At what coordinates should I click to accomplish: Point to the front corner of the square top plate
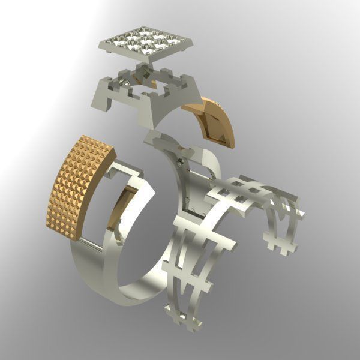click(x=148, y=59)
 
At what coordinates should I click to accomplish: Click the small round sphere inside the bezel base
click(x=124, y=82)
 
